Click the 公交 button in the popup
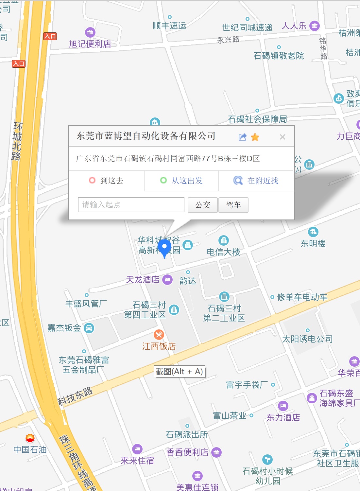(203, 205)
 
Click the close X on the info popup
(283, 137)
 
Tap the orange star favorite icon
(255, 137)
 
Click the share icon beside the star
(242, 137)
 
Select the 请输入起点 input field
(131, 205)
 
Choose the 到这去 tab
(106, 181)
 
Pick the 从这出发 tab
(181, 181)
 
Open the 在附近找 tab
(256, 181)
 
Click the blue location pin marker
(164, 248)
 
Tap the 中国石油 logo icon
(30, 438)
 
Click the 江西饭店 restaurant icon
(159, 334)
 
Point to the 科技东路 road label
(75, 396)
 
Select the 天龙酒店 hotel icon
(167, 280)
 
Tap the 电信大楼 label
(223, 252)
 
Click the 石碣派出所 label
(187, 434)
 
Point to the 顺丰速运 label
(169, 26)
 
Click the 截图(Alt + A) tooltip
(180, 372)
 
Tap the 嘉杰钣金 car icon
(89, 328)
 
